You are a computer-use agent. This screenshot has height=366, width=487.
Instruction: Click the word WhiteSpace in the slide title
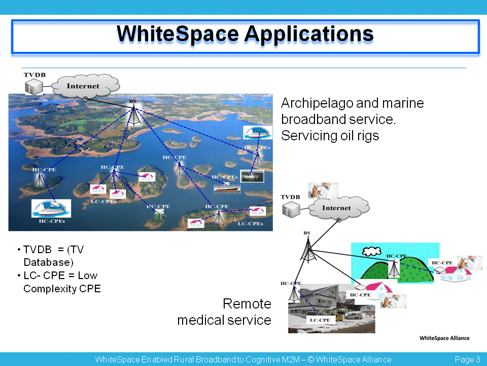(x=178, y=34)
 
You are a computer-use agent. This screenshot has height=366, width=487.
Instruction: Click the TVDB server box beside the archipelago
(x=33, y=86)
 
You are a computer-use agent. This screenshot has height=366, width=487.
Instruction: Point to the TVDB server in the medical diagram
(x=291, y=209)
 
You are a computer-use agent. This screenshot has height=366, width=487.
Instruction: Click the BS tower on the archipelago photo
(x=134, y=115)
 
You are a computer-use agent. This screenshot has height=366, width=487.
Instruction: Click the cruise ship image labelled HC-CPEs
(x=51, y=208)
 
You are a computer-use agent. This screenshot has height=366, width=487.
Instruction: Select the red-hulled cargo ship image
(x=227, y=189)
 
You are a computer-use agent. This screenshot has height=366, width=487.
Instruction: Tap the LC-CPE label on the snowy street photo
(x=320, y=320)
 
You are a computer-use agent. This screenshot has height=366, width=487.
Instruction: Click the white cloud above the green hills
(x=371, y=251)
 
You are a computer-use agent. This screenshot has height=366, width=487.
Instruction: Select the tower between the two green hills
(x=394, y=269)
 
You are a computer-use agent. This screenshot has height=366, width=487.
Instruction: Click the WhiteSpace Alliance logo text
(x=444, y=338)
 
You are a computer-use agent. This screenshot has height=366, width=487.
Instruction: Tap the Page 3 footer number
(x=467, y=359)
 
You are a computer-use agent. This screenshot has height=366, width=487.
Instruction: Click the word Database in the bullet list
(x=49, y=262)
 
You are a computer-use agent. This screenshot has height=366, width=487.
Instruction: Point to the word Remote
(x=247, y=304)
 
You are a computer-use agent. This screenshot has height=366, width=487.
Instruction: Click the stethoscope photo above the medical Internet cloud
(x=323, y=191)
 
